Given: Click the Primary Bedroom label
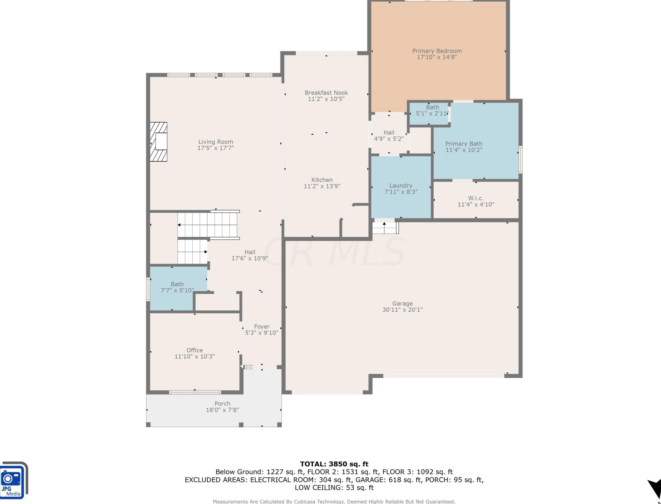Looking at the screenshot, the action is point(437,51).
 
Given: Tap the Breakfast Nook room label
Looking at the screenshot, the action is point(326,93).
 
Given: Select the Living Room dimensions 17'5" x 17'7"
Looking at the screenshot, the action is point(216,148).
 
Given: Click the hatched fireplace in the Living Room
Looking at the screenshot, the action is point(159,142).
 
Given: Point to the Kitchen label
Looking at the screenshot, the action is point(322,180).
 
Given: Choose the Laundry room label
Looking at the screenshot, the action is point(401,185).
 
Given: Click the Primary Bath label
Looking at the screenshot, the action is point(464,144).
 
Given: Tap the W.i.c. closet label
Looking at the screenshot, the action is point(476,198).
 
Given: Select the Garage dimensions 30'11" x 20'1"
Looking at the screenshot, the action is point(402,310).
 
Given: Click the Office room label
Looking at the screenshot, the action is point(195,350).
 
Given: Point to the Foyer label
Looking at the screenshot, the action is point(262,326).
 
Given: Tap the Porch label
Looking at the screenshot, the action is point(222,403).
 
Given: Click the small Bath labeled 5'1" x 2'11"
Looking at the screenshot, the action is point(432,110).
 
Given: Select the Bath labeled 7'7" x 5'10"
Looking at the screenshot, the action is point(177,287).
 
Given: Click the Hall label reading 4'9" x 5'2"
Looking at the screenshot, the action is point(389,136).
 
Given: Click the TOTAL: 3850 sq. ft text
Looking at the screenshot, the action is point(334,464).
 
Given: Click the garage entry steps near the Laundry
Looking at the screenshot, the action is point(385,228).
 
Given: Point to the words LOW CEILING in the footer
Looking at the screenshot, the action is point(318,487).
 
